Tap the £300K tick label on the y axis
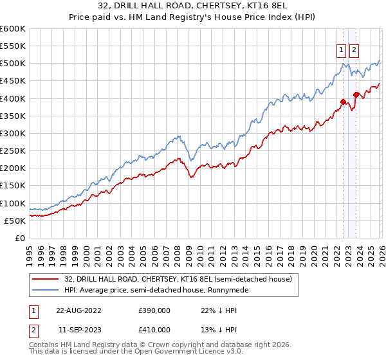(x=13, y=133)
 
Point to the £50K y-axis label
(x=15, y=221)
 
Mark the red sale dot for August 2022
(x=343, y=102)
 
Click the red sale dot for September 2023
(x=356, y=94)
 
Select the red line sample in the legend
(x=46, y=279)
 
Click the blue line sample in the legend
(x=46, y=290)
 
